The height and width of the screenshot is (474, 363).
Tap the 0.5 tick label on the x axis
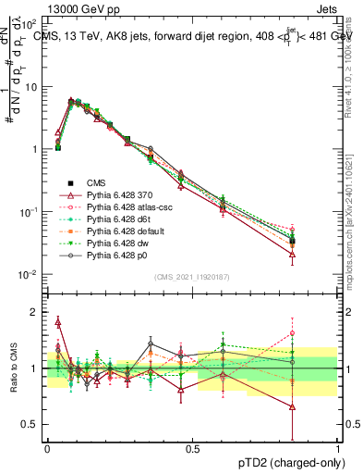(x=193, y=448)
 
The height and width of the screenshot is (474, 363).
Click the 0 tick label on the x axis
(x=47, y=448)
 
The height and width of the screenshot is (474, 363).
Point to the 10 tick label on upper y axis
(x=31, y=86)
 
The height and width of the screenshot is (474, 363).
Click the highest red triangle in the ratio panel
(x=58, y=322)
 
